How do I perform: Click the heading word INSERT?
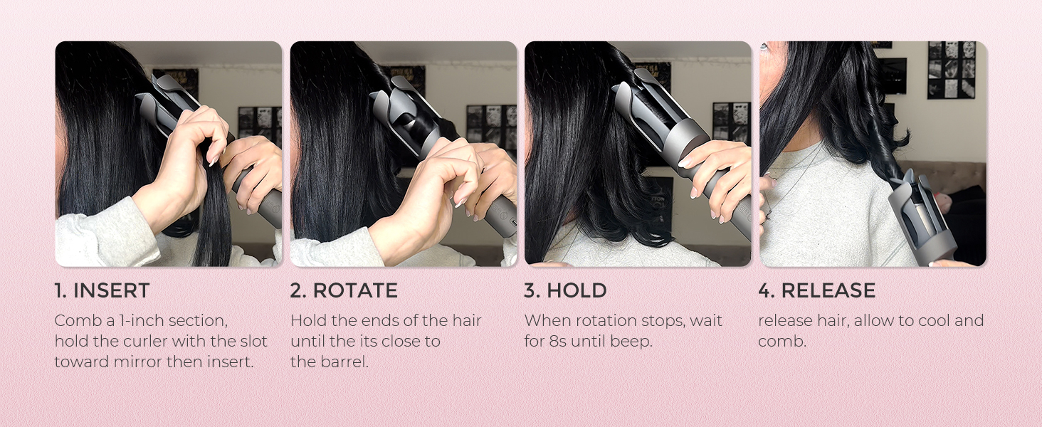click(x=111, y=290)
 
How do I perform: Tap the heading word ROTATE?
click(x=355, y=290)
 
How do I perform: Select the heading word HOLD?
click(x=577, y=290)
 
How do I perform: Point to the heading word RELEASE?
click(x=828, y=290)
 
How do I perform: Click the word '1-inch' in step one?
click(x=142, y=320)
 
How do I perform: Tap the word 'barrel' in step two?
click(x=344, y=362)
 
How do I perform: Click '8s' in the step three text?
click(x=558, y=341)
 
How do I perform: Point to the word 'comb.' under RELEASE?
click(x=782, y=342)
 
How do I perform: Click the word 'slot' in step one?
click(x=253, y=341)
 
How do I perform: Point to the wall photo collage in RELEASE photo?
click(x=952, y=69)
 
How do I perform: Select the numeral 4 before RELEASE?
click(x=765, y=290)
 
